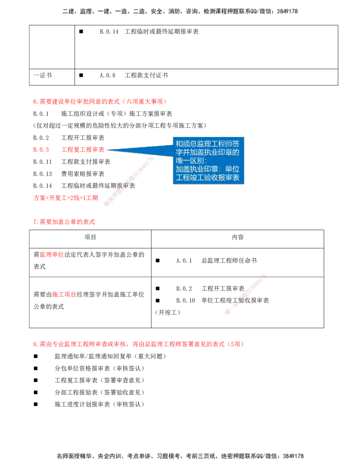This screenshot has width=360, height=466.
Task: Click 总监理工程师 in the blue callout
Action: (x=208, y=144)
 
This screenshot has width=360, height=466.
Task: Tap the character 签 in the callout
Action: (x=236, y=144)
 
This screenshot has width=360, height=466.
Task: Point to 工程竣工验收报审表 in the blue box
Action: (x=207, y=178)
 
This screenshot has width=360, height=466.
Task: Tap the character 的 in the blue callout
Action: (x=236, y=152)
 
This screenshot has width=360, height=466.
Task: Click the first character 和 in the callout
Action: (x=180, y=144)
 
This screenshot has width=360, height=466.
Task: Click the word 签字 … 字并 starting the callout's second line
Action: (x=183, y=152)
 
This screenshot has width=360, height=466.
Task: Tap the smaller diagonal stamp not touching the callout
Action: (x=245, y=294)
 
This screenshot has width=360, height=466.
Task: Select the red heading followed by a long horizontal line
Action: (x=99, y=102)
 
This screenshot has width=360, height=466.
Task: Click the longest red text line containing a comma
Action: (x=138, y=344)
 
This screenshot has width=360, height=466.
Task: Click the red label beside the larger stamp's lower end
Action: (x=66, y=198)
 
